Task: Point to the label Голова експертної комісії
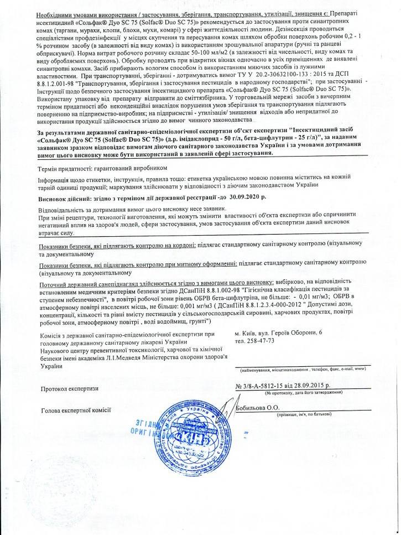click(x=76, y=410)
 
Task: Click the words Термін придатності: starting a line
click(x=65, y=167)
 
